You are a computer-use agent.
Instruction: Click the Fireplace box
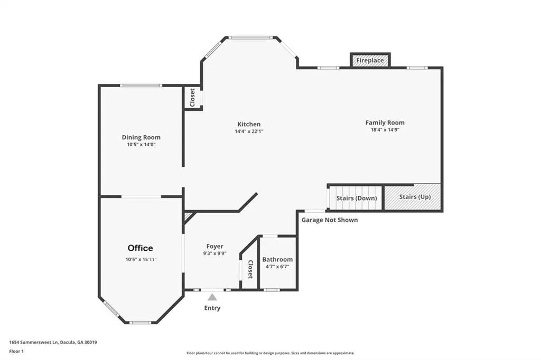pyautogui.click(x=370, y=60)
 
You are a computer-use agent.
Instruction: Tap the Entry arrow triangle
pyautogui.click(x=212, y=297)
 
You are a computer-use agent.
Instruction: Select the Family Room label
pyautogui.click(x=385, y=122)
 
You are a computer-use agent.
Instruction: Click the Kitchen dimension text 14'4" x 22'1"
pyautogui.click(x=249, y=131)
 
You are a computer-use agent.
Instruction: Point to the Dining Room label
pyautogui.click(x=141, y=137)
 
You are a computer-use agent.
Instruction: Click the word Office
pyautogui.click(x=141, y=248)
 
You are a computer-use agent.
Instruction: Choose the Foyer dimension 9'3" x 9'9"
pyautogui.click(x=214, y=253)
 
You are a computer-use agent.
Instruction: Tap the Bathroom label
pyautogui.click(x=277, y=259)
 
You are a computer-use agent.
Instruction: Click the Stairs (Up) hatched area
pyautogui.click(x=413, y=197)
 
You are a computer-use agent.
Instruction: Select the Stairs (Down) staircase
pyautogui.click(x=356, y=198)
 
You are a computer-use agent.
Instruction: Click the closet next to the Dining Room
pyautogui.click(x=192, y=98)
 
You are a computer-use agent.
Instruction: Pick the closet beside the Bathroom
pyautogui.click(x=250, y=266)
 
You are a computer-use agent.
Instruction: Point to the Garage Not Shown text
pyautogui.click(x=330, y=220)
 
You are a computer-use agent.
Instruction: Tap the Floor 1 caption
pyautogui.click(x=16, y=352)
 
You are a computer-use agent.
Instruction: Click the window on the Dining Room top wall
pyautogui.click(x=141, y=86)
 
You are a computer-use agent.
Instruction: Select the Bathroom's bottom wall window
pyautogui.click(x=272, y=290)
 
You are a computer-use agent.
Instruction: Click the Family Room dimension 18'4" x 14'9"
pyautogui.click(x=385, y=130)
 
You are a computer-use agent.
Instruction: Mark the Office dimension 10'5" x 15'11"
pyautogui.click(x=141, y=259)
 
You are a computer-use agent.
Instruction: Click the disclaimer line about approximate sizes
pyautogui.click(x=270, y=353)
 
